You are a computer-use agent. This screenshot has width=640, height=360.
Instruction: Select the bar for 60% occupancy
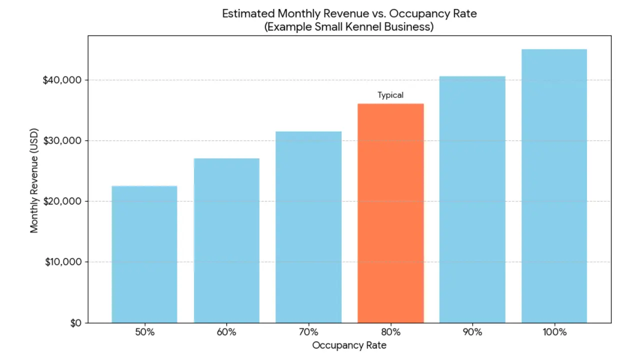click(226, 240)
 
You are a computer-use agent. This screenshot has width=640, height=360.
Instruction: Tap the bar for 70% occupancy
click(308, 227)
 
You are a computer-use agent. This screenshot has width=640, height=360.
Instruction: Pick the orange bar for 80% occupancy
click(390, 213)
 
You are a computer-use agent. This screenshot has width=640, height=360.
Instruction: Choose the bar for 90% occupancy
click(472, 199)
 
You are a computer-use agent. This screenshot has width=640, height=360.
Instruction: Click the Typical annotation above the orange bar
click(390, 95)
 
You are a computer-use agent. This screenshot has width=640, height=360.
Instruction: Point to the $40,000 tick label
click(62, 80)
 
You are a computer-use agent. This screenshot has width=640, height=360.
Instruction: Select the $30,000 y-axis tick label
click(62, 140)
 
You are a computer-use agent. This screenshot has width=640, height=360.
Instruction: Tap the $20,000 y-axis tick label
click(62, 201)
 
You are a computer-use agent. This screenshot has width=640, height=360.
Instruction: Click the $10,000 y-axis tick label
click(62, 262)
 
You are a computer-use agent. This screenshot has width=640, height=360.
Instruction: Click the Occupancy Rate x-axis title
click(349, 345)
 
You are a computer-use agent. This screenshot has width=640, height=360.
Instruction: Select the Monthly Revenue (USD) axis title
click(34, 179)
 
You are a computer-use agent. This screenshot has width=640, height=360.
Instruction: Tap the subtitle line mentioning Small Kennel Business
click(349, 26)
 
